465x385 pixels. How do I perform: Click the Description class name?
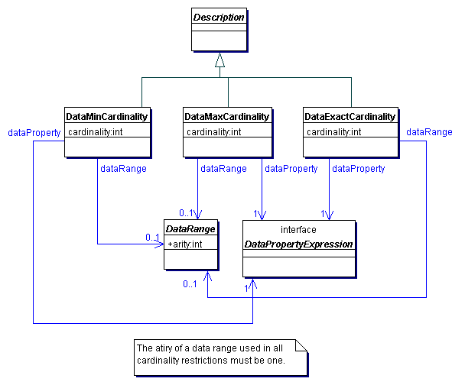click(x=219, y=17)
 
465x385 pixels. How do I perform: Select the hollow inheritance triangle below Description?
click(x=219, y=59)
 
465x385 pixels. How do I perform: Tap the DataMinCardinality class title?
click(x=106, y=117)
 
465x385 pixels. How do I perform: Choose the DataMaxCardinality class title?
click(x=226, y=117)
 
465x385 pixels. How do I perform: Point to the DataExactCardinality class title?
click(x=350, y=117)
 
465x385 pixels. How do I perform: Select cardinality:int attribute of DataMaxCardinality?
click(x=214, y=132)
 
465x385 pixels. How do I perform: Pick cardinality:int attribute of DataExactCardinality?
click(x=333, y=132)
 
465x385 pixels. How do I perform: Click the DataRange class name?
click(x=190, y=228)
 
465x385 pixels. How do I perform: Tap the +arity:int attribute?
click(x=184, y=244)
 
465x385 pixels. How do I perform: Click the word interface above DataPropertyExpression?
click(x=298, y=229)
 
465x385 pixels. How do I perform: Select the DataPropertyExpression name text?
click(x=298, y=244)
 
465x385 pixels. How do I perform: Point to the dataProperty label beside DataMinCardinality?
click(x=34, y=132)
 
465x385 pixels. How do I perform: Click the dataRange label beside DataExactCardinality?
click(x=429, y=132)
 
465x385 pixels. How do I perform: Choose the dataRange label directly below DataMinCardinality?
click(x=123, y=169)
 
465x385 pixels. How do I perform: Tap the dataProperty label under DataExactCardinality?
click(x=358, y=169)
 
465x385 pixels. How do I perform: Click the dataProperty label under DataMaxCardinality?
click(x=291, y=169)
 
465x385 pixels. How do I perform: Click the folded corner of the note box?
click(x=301, y=345)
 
